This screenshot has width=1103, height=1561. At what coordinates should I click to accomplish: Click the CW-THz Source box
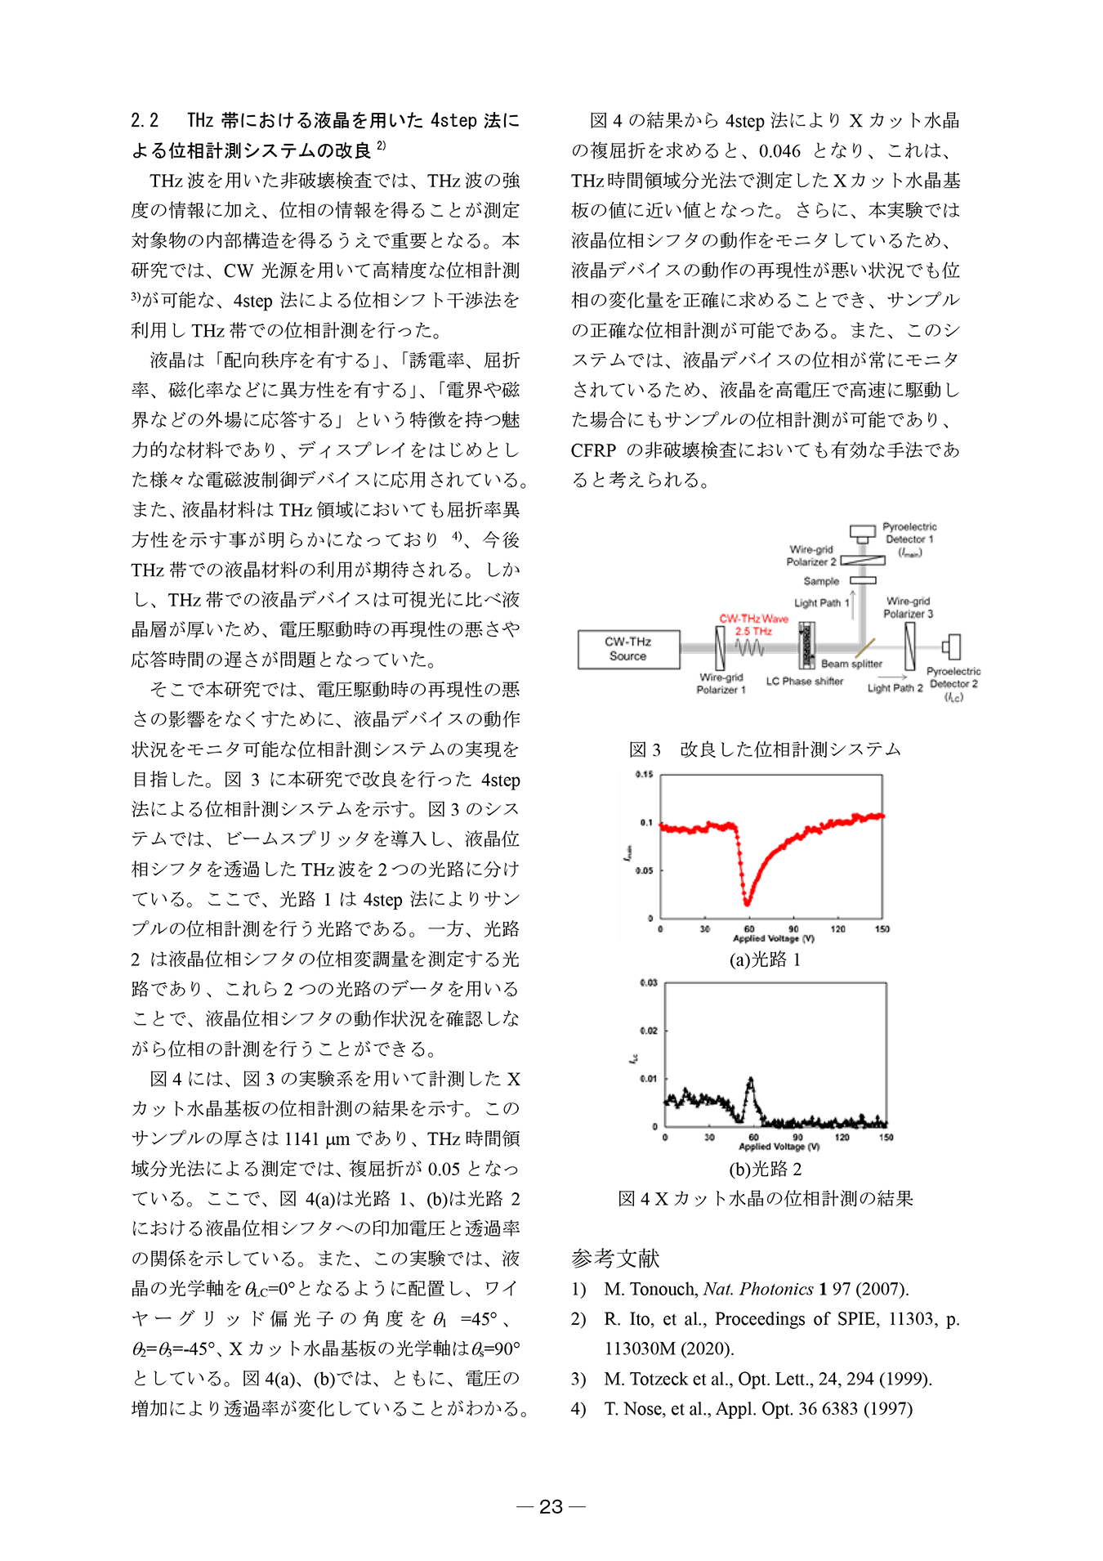[627, 649]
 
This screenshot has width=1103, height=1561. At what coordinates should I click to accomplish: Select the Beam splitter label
[851, 664]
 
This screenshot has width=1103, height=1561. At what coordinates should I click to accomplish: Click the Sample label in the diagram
[821, 581]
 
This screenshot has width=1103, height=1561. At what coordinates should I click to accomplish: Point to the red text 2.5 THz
[753, 631]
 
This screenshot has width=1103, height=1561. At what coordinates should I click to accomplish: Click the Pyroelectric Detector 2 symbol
[952, 647]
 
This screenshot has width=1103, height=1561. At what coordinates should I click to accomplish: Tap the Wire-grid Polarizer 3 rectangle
[910, 646]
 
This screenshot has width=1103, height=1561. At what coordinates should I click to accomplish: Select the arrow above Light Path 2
[893, 677]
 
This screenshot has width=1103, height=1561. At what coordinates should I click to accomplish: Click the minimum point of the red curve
[747, 903]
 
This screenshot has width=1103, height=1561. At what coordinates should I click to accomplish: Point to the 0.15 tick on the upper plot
[645, 775]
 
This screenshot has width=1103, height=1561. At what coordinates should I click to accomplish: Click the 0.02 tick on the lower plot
[648, 1031]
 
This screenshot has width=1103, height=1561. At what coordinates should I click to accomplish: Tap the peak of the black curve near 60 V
[751, 1080]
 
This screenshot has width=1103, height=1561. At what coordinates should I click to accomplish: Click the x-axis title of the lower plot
[779, 1147]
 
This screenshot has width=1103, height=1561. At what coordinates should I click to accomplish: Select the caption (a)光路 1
[765, 959]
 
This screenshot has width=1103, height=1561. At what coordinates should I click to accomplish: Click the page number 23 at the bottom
[551, 1506]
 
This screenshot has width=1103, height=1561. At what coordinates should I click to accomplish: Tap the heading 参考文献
[614, 1259]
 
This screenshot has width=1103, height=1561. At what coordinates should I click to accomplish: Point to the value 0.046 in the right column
[779, 151]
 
